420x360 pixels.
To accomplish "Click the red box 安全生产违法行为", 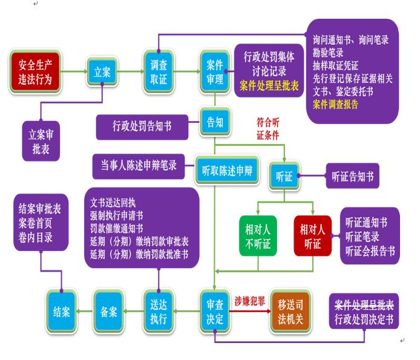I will point(36,73).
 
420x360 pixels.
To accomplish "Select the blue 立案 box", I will point(102,73).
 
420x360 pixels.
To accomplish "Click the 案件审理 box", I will point(214,72).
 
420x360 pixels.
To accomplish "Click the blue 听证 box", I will point(284,177).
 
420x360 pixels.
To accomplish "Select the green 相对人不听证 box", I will point(258,236).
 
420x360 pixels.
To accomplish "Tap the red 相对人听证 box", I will point(313,236).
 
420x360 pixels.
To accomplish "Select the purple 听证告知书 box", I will point(352,177).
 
